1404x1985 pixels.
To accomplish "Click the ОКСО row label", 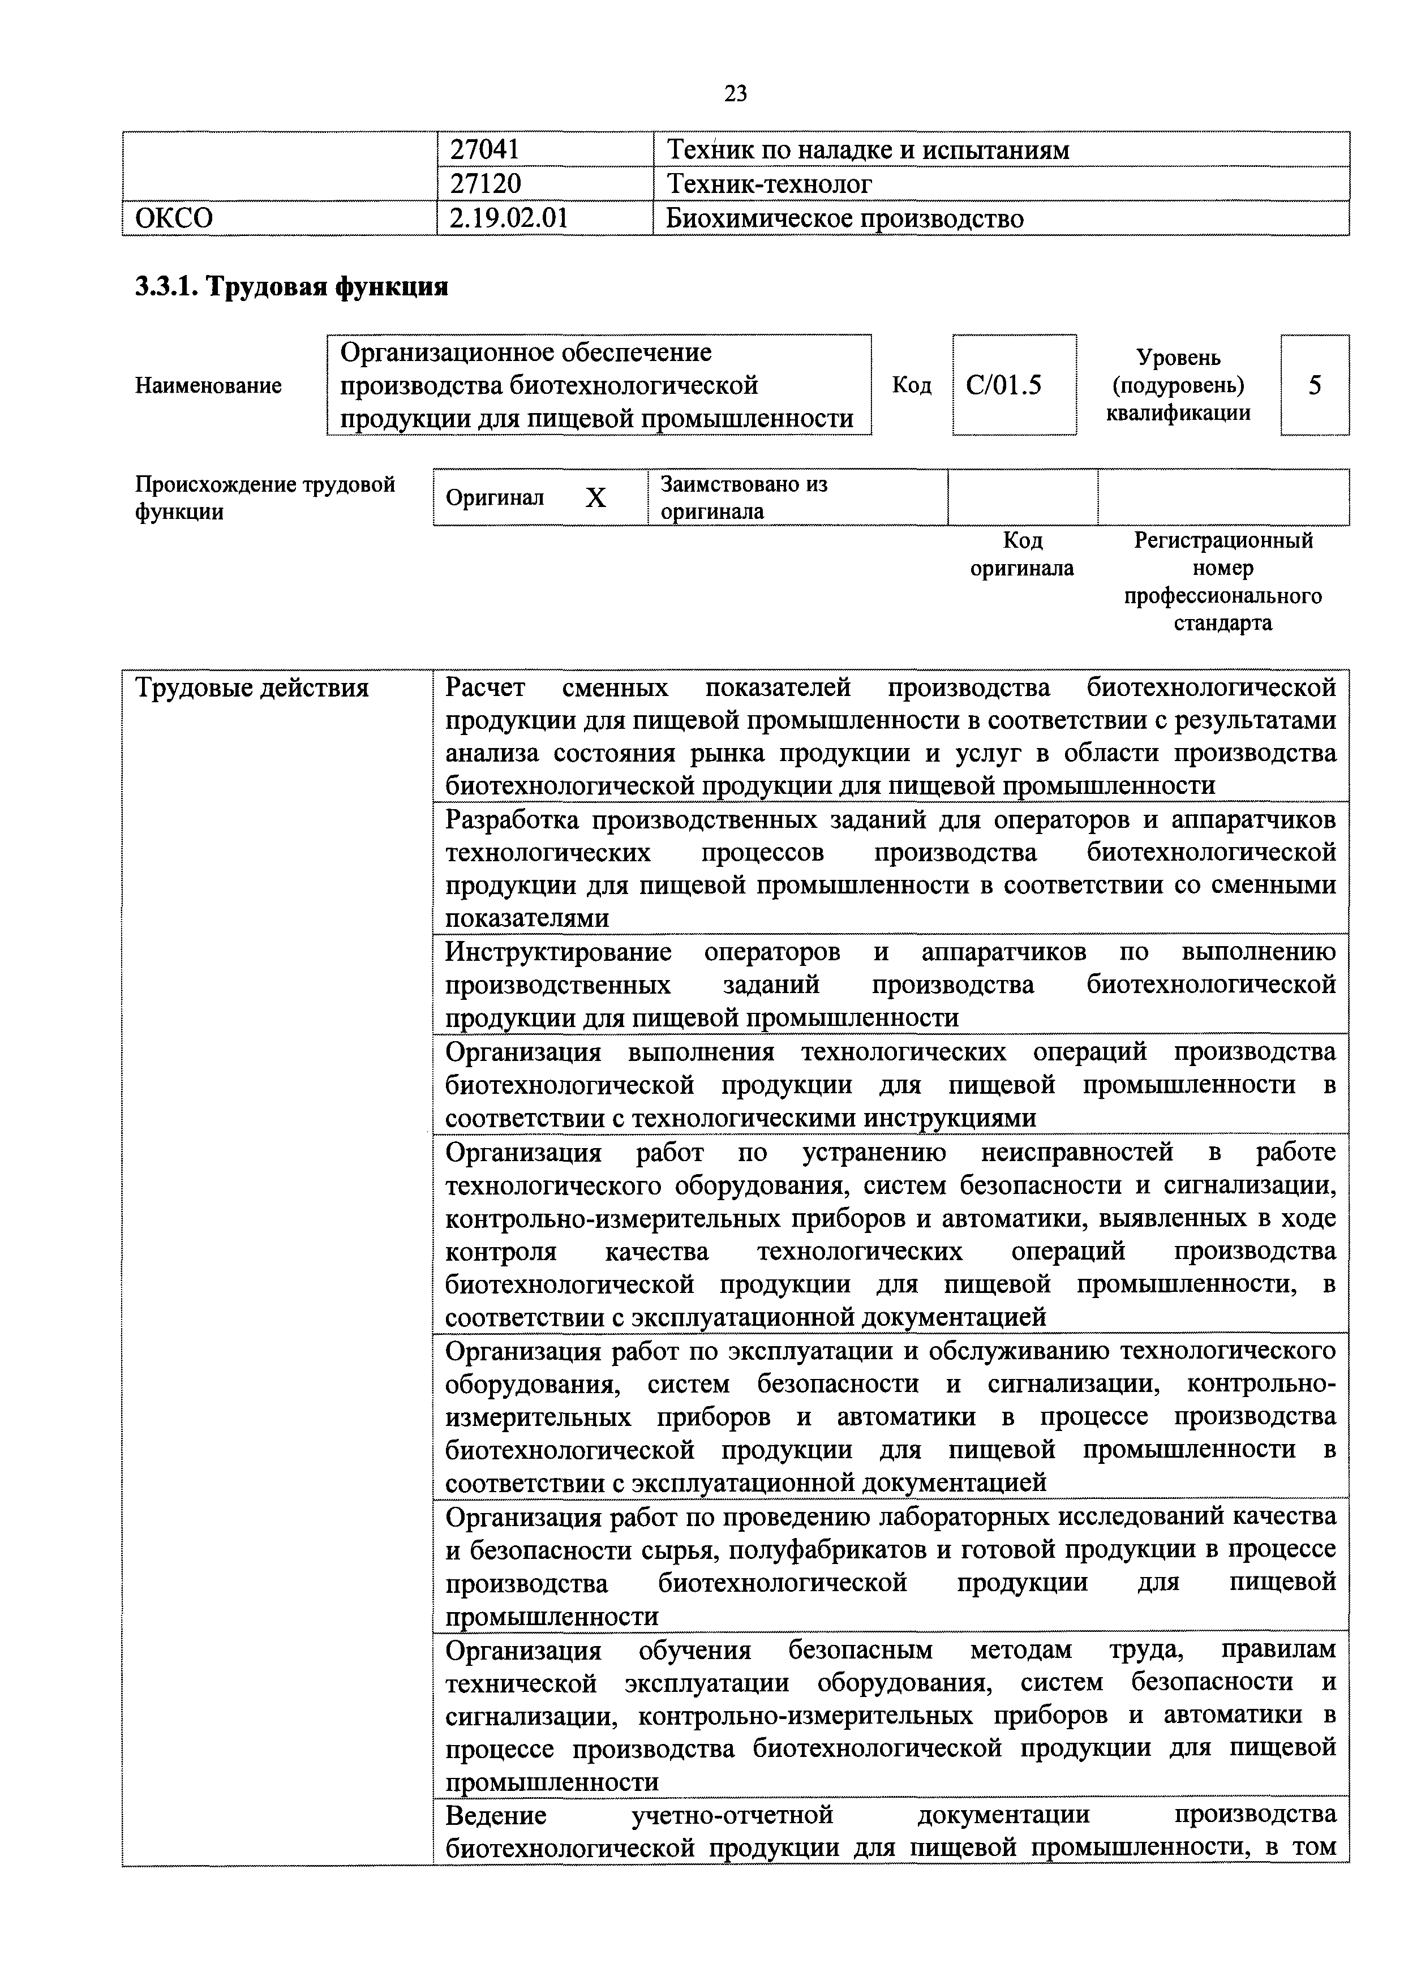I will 175,218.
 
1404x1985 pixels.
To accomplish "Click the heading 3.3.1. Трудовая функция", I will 291,286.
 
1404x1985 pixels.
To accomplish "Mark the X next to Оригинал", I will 596,498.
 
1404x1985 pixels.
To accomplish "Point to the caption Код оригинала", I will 1022,554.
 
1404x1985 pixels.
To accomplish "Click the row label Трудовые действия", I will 252,688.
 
